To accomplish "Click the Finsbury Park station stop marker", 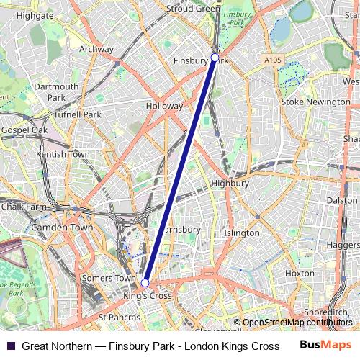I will click(215, 57).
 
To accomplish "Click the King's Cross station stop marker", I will click(145, 283).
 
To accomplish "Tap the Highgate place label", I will click(35, 14).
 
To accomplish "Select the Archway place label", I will click(96, 49).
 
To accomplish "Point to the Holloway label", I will click(165, 106).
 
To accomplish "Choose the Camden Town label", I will click(62, 227).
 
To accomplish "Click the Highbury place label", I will click(230, 183).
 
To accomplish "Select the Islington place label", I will click(241, 233).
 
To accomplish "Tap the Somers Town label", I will click(109, 278).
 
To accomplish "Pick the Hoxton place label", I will click(300, 273).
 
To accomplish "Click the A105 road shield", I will click(273, 60).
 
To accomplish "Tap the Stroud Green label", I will click(193, 9).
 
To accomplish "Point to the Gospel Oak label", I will click(24, 130).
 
